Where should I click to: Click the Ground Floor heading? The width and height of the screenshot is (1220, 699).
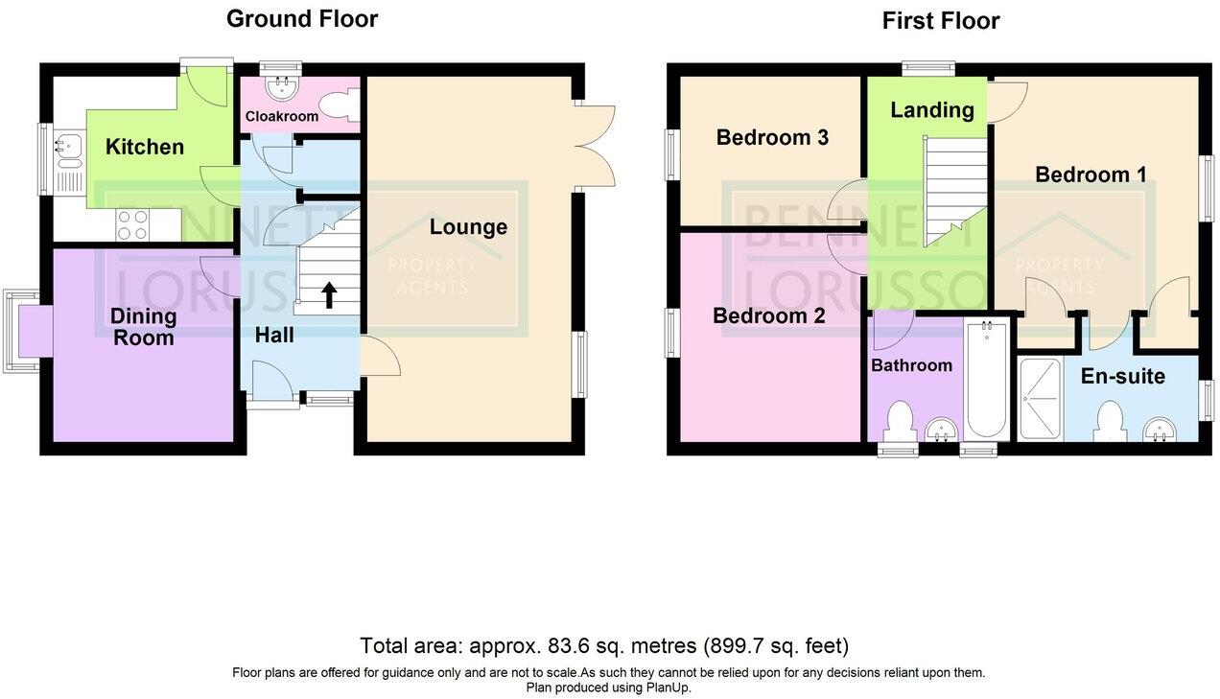tap(301, 18)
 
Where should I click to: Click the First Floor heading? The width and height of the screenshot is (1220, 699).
tap(940, 20)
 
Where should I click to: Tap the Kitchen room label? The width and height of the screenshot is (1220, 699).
tap(144, 147)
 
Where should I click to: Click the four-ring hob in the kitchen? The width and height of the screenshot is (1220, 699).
tap(131, 224)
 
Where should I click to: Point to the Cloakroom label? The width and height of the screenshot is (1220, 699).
tap(281, 116)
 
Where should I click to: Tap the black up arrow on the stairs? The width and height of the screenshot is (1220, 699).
tap(328, 294)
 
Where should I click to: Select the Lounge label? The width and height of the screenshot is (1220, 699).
tap(468, 227)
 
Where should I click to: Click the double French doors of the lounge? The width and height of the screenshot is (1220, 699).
tap(597, 144)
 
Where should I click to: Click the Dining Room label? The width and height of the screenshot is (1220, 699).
tap(143, 327)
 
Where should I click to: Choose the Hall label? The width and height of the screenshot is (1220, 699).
tap(274, 336)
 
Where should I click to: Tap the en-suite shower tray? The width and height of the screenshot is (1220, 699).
tap(1040, 398)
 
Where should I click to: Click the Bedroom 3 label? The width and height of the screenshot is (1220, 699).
tap(772, 137)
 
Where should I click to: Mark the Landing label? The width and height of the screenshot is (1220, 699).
tap(931, 109)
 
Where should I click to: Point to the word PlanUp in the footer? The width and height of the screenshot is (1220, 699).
tap(667, 687)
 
